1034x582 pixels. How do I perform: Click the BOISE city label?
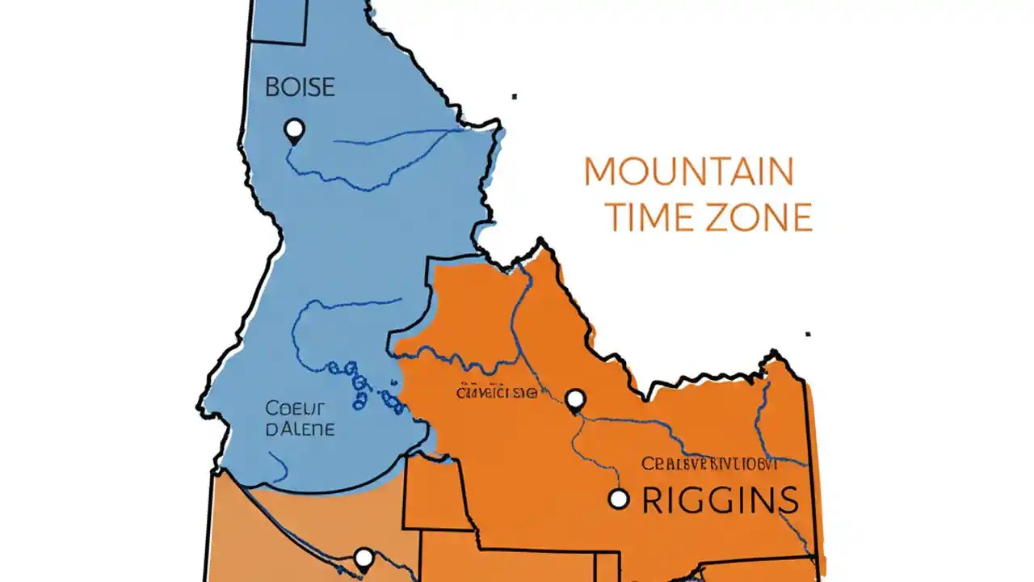(300, 87)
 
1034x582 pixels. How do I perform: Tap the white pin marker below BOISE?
(294, 129)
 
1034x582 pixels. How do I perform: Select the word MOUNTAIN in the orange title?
(688, 171)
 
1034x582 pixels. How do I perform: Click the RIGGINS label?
(720, 500)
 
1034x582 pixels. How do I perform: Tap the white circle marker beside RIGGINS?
(618, 499)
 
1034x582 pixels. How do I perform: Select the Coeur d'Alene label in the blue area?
(299, 419)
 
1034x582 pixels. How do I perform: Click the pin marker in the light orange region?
(364, 558)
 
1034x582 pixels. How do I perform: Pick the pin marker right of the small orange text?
(574, 399)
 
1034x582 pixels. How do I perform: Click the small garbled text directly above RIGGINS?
(709, 464)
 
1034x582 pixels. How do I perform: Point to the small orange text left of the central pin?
(496, 394)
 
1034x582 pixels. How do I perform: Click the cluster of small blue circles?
(364, 386)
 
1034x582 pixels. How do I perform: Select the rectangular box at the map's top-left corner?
(279, 21)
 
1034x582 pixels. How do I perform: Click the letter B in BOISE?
(272, 87)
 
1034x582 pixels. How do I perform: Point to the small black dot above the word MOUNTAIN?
(515, 97)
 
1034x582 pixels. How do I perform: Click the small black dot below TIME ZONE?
(808, 333)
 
